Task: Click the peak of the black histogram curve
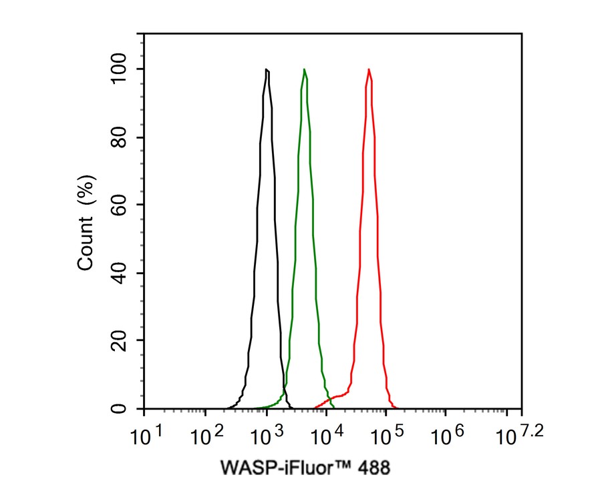pos(267,69)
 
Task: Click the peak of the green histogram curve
pos(305,69)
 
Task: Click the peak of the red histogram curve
pos(369,69)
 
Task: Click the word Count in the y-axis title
pos(86,243)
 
